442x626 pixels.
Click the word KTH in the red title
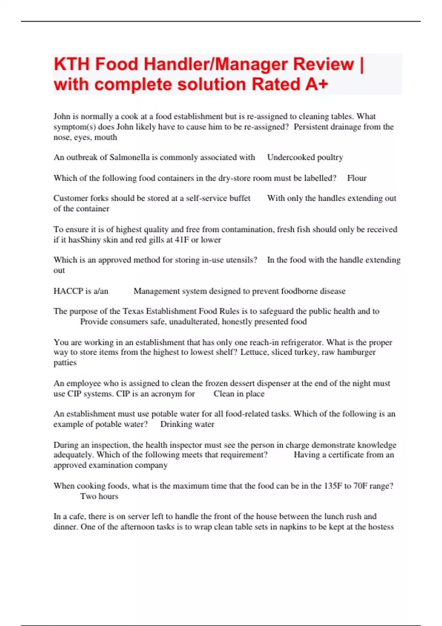tap(71, 64)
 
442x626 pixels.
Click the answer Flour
tap(357, 178)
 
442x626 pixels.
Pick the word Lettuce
tap(254, 352)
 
